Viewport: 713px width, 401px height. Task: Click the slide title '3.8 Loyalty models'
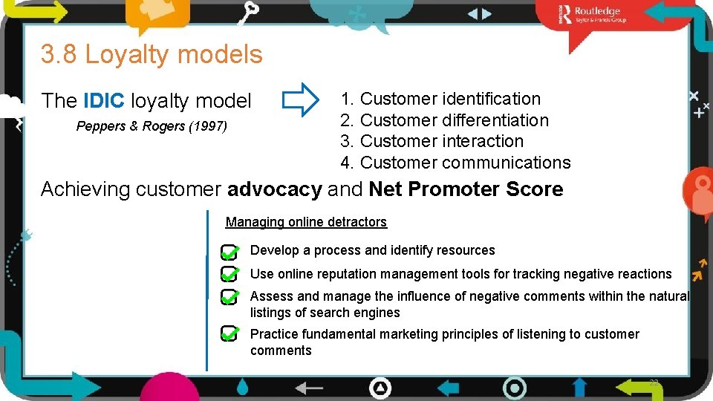point(152,54)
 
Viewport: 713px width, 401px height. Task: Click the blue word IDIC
point(103,100)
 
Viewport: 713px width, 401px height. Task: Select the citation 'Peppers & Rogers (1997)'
point(152,126)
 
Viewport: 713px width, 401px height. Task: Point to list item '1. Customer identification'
point(440,99)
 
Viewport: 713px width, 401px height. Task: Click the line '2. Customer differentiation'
point(444,120)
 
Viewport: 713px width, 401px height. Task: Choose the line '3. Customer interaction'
point(432,141)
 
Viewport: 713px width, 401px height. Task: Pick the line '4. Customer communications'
point(455,163)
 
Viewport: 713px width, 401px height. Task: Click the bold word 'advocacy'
point(275,189)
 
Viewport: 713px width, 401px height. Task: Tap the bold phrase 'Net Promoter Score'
point(466,189)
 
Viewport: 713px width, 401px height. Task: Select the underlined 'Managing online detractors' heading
point(306,222)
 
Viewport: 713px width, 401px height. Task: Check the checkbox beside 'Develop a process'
point(229,252)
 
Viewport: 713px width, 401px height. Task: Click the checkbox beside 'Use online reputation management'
point(229,276)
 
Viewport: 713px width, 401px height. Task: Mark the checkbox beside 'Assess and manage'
point(229,298)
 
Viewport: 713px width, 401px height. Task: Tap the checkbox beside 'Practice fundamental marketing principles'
point(229,333)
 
